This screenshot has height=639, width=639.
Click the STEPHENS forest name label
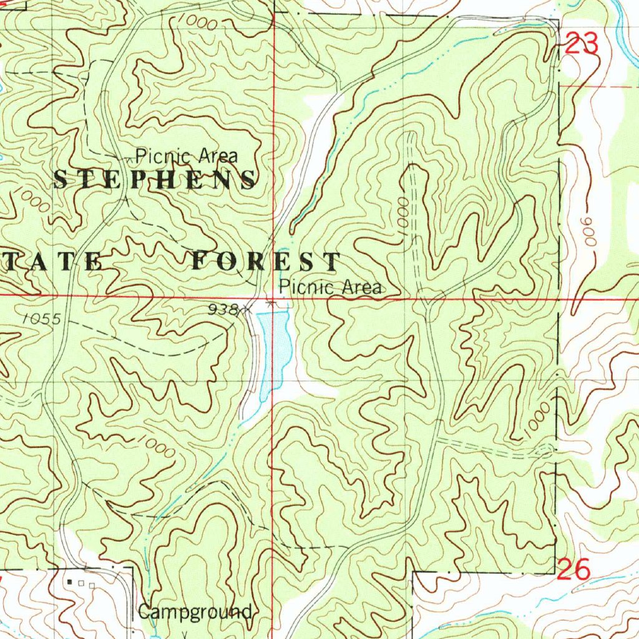(x=154, y=180)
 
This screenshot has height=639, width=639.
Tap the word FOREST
(x=266, y=261)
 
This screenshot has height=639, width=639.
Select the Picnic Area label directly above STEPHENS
(x=187, y=155)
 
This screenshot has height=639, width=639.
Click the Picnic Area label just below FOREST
(x=330, y=287)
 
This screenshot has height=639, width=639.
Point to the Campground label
(x=195, y=612)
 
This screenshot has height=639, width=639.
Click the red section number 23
(x=582, y=44)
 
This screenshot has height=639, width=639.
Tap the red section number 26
(x=572, y=570)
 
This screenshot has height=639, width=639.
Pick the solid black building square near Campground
(x=69, y=582)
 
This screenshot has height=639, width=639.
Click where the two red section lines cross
(x=273, y=298)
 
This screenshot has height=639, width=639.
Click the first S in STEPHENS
(x=61, y=180)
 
